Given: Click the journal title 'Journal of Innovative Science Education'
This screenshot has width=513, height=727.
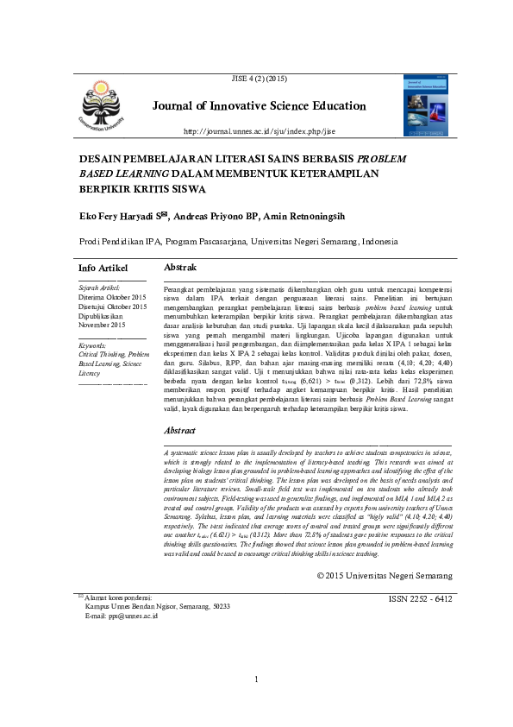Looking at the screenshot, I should [x=260, y=106].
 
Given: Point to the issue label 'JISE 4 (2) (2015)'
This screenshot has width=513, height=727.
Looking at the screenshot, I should [x=260, y=79].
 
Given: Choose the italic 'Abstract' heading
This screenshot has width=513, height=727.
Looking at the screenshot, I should [x=179, y=430].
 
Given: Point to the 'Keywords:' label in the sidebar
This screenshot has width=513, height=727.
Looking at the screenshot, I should [x=91, y=345].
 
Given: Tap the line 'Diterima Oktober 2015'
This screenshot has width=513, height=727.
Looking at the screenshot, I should [x=112, y=296].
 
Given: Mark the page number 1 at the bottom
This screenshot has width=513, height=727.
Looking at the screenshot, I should [x=257, y=705].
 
